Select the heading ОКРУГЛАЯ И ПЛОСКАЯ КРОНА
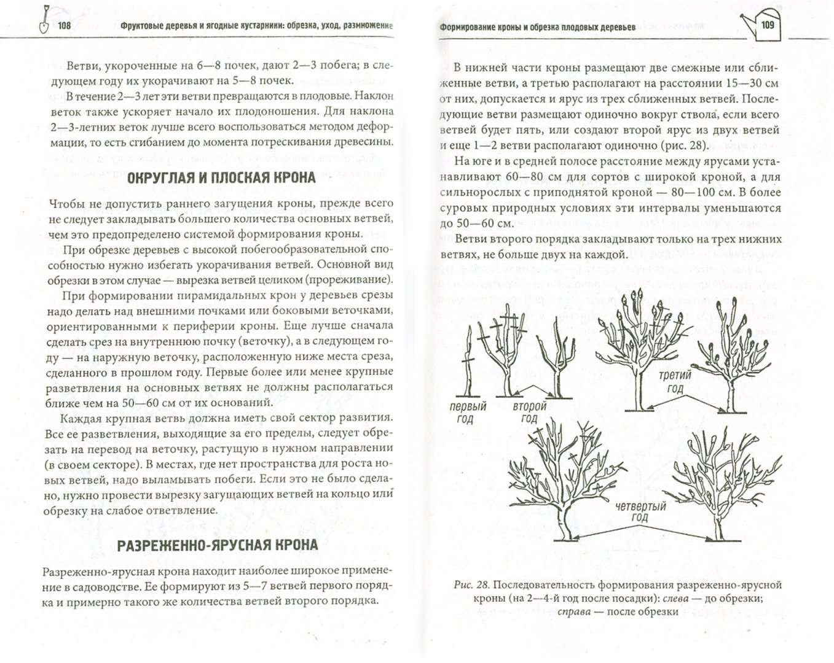[220, 179]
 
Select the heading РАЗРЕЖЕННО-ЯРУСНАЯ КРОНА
[218, 545]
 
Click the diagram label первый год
[468, 412]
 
